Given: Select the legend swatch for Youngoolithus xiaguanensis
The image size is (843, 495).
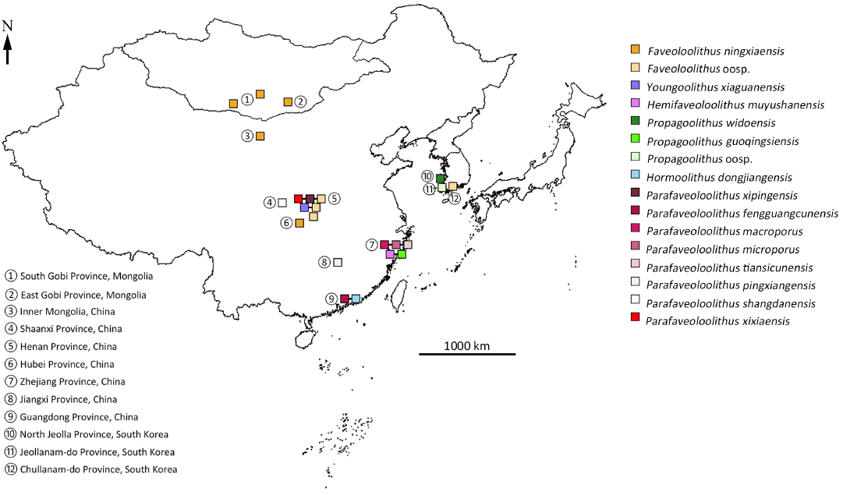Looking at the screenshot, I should click(x=636, y=86).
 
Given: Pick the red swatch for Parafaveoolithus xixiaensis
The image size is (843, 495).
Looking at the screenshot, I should click(x=636, y=320).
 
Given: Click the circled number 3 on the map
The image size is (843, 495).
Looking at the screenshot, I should click(x=247, y=136).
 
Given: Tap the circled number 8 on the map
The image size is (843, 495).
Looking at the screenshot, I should click(x=324, y=262).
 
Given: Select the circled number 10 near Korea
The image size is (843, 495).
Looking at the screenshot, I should click(x=427, y=176).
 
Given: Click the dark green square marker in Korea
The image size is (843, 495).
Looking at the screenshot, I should click(x=441, y=179).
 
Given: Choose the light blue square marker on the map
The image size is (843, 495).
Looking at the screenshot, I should click(x=356, y=299).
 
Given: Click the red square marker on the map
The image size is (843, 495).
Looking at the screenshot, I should click(x=298, y=199).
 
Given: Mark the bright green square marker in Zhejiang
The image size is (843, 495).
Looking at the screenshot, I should click(x=402, y=254).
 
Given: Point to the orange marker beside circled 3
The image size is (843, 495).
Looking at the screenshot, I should click(x=260, y=136).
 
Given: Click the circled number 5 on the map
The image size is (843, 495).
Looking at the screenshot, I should click(x=333, y=198).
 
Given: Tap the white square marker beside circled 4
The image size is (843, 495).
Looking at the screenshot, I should click(x=282, y=203).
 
